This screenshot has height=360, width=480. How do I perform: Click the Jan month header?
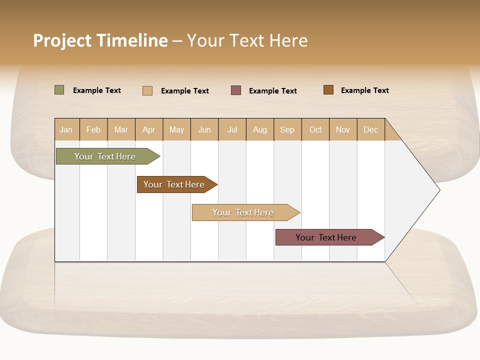pos(66,129)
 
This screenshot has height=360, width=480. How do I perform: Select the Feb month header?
pos(93,129)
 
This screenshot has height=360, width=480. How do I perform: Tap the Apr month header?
pos(149,129)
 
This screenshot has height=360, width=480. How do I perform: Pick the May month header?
pos(176,129)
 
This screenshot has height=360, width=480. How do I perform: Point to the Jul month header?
pos(232,129)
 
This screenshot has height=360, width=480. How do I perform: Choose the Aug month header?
pos(260,129)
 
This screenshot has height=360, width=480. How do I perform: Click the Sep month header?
pos(287,129)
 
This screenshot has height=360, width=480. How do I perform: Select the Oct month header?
pos(315,129)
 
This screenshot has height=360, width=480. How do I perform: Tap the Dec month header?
pos(371,129)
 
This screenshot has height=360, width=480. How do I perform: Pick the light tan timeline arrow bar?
pos(244,212)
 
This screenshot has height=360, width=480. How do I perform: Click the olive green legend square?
pos(59,90)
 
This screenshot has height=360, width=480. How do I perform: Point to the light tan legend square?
pos(147,90)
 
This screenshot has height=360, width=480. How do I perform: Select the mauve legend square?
pos(236,90)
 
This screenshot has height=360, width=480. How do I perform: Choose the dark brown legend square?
pos(328,89)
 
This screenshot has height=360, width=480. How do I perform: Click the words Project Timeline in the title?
pos(100,40)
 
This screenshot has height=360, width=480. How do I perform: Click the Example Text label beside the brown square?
pos(364,90)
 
